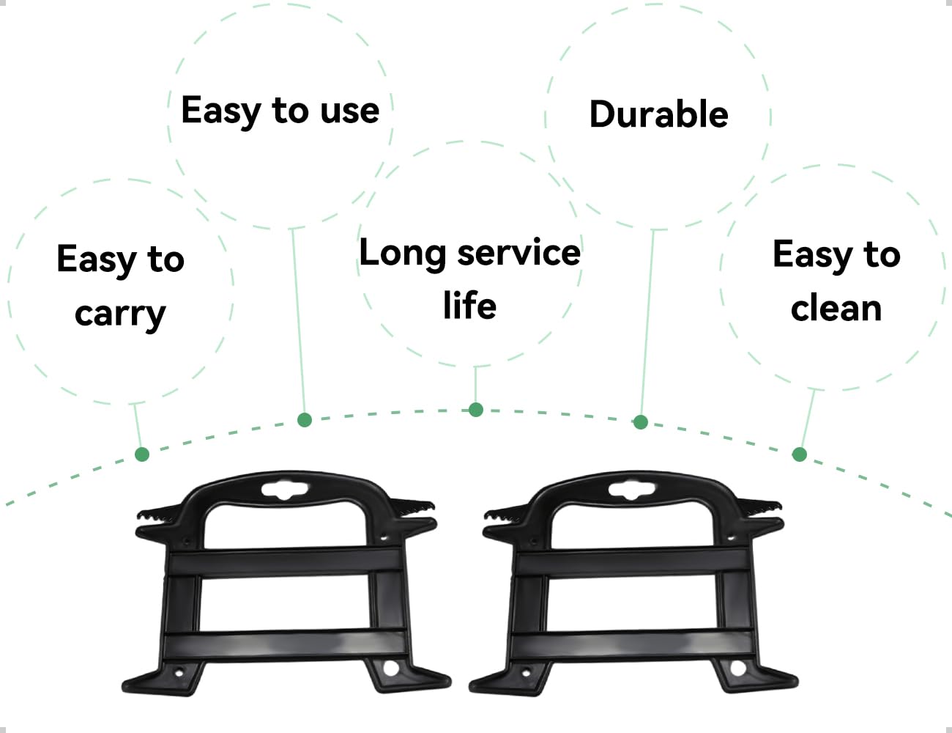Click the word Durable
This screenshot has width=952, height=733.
click(x=658, y=114)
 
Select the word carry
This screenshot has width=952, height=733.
click(x=120, y=314)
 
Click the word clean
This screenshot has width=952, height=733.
click(x=836, y=309)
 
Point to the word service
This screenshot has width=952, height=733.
click(x=518, y=254)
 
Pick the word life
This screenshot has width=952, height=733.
click(x=469, y=305)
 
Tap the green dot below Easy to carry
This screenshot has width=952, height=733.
click(x=142, y=454)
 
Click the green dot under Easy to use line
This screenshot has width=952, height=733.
click(x=305, y=419)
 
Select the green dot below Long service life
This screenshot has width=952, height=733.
click(x=476, y=410)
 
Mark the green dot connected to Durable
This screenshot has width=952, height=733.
click(x=641, y=421)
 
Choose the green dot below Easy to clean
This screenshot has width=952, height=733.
click(x=800, y=454)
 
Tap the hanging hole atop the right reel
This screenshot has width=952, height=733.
click(x=632, y=490)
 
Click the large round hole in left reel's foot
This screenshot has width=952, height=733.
click(x=391, y=669)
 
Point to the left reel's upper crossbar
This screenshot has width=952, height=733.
click(x=285, y=561)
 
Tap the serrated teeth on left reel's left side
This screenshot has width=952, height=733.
click(x=160, y=513)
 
